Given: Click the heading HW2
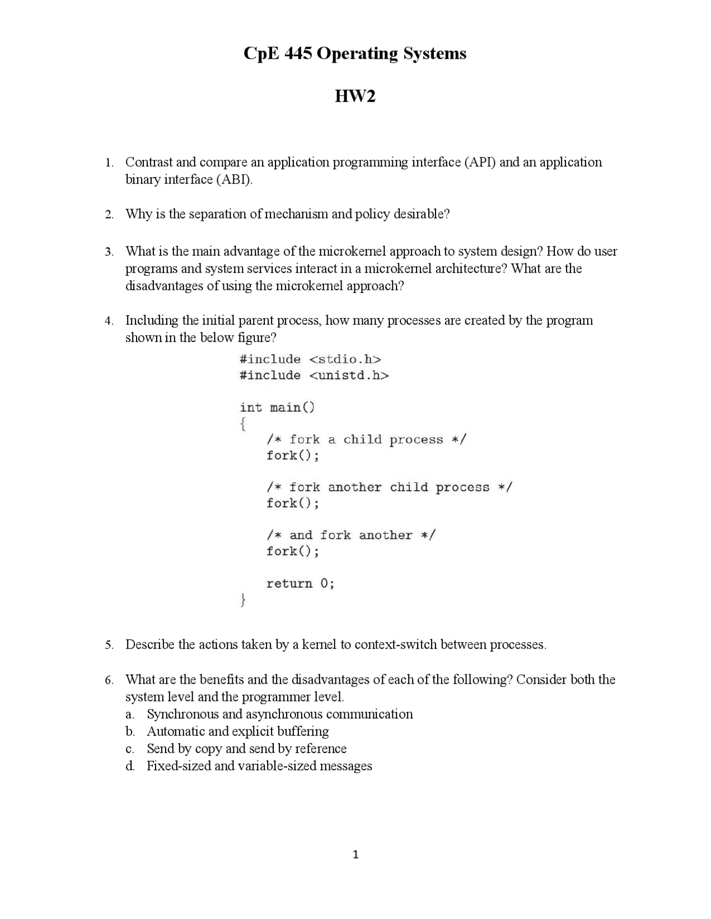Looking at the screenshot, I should pos(355,97).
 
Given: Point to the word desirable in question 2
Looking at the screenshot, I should pos(421,214).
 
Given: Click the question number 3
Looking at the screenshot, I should pos(109,252).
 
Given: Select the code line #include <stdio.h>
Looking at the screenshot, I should pos(311,359).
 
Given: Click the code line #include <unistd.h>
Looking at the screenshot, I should pos(314,375).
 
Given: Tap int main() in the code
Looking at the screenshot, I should pos(277,407).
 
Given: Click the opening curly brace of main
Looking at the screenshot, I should pos(243,425).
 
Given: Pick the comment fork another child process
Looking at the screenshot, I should pos(389,487).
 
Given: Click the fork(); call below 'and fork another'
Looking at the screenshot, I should pos(293,551).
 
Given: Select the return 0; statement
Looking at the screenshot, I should pos(301,583).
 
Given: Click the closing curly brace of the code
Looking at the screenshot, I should pos(243,600).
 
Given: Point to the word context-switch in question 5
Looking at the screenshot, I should pos(395,645).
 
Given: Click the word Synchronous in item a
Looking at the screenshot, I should pos(183,714).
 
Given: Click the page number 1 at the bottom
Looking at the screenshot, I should pos(355,855).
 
